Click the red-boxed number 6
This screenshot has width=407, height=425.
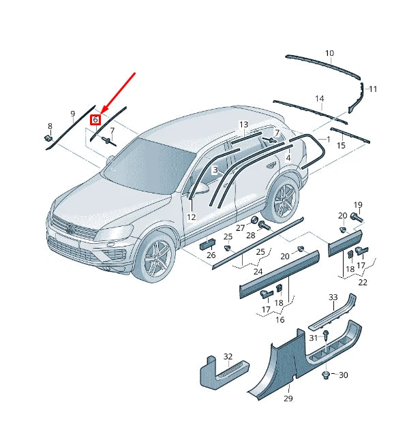pyautogui.click(x=96, y=119)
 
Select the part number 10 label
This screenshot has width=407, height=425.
pyautogui.click(x=329, y=53)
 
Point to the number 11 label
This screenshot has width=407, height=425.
pyautogui.click(x=372, y=89)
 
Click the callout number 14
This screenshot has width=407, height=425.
pyautogui.click(x=319, y=99)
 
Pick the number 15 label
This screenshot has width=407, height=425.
pyautogui.click(x=341, y=146)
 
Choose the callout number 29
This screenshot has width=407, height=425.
pyautogui.click(x=288, y=398)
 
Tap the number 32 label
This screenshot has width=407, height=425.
pyautogui.click(x=228, y=356)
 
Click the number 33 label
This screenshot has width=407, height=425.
pyautogui.click(x=333, y=298)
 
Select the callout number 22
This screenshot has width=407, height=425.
pyautogui.click(x=363, y=282)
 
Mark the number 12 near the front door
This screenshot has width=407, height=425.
pyautogui.click(x=192, y=217)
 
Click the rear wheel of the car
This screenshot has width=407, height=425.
pyautogui.click(x=282, y=200)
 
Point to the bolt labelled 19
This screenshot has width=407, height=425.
pyautogui.click(x=356, y=217)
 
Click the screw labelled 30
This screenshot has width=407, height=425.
pyautogui.click(x=327, y=375)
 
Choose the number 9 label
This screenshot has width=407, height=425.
pyautogui.click(x=72, y=113)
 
